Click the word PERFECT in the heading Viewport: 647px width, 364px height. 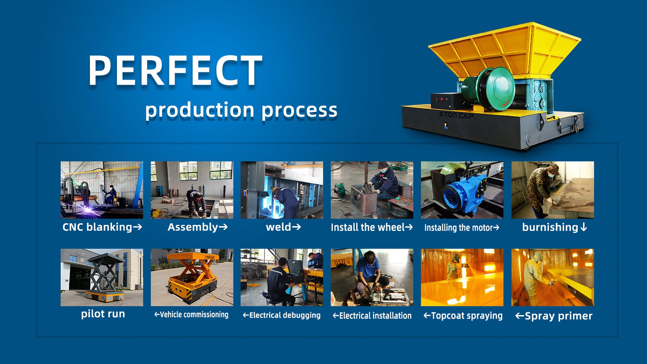coord(175,70)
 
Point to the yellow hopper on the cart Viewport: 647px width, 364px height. coord(505,49)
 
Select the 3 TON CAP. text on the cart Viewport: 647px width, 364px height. coord(457,115)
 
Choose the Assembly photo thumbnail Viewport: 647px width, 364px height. coord(192,190)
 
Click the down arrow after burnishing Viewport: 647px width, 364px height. coord(584,228)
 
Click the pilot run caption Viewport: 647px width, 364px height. coord(103,314)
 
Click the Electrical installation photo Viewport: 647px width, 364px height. coord(372,277)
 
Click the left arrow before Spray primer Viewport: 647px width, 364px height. coord(519,316)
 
